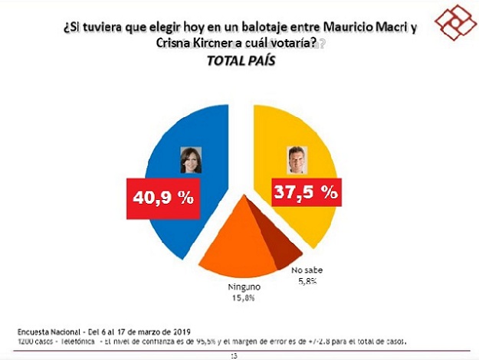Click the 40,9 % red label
[160, 198]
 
